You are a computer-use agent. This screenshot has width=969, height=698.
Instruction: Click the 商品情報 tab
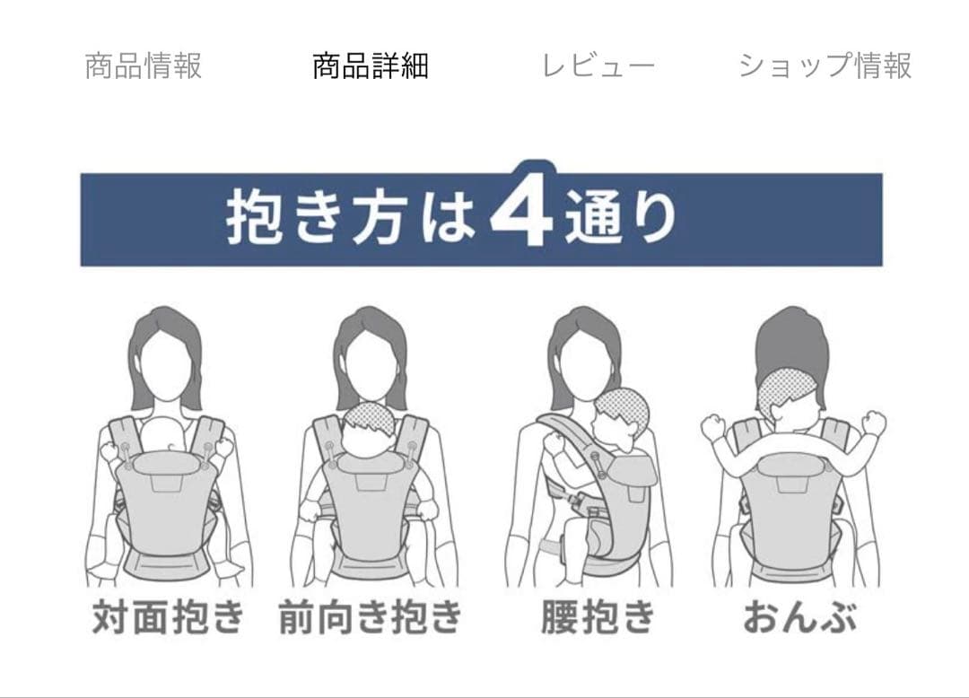click(144, 66)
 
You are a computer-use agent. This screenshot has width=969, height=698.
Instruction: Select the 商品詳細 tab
click(371, 66)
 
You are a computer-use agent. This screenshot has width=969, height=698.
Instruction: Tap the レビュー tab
click(598, 66)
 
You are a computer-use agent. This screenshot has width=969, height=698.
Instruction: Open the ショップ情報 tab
click(825, 66)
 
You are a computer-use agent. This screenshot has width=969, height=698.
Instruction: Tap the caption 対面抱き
click(168, 615)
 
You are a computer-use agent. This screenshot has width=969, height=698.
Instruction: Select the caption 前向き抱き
click(371, 615)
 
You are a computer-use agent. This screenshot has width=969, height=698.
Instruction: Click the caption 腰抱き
click(598, 615)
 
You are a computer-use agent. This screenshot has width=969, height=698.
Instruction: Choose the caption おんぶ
click(799, 615)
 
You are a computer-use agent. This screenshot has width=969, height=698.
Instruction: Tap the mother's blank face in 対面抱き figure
click(164, 363)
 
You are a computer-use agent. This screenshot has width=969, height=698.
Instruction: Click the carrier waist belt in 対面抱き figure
click(168, 566)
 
